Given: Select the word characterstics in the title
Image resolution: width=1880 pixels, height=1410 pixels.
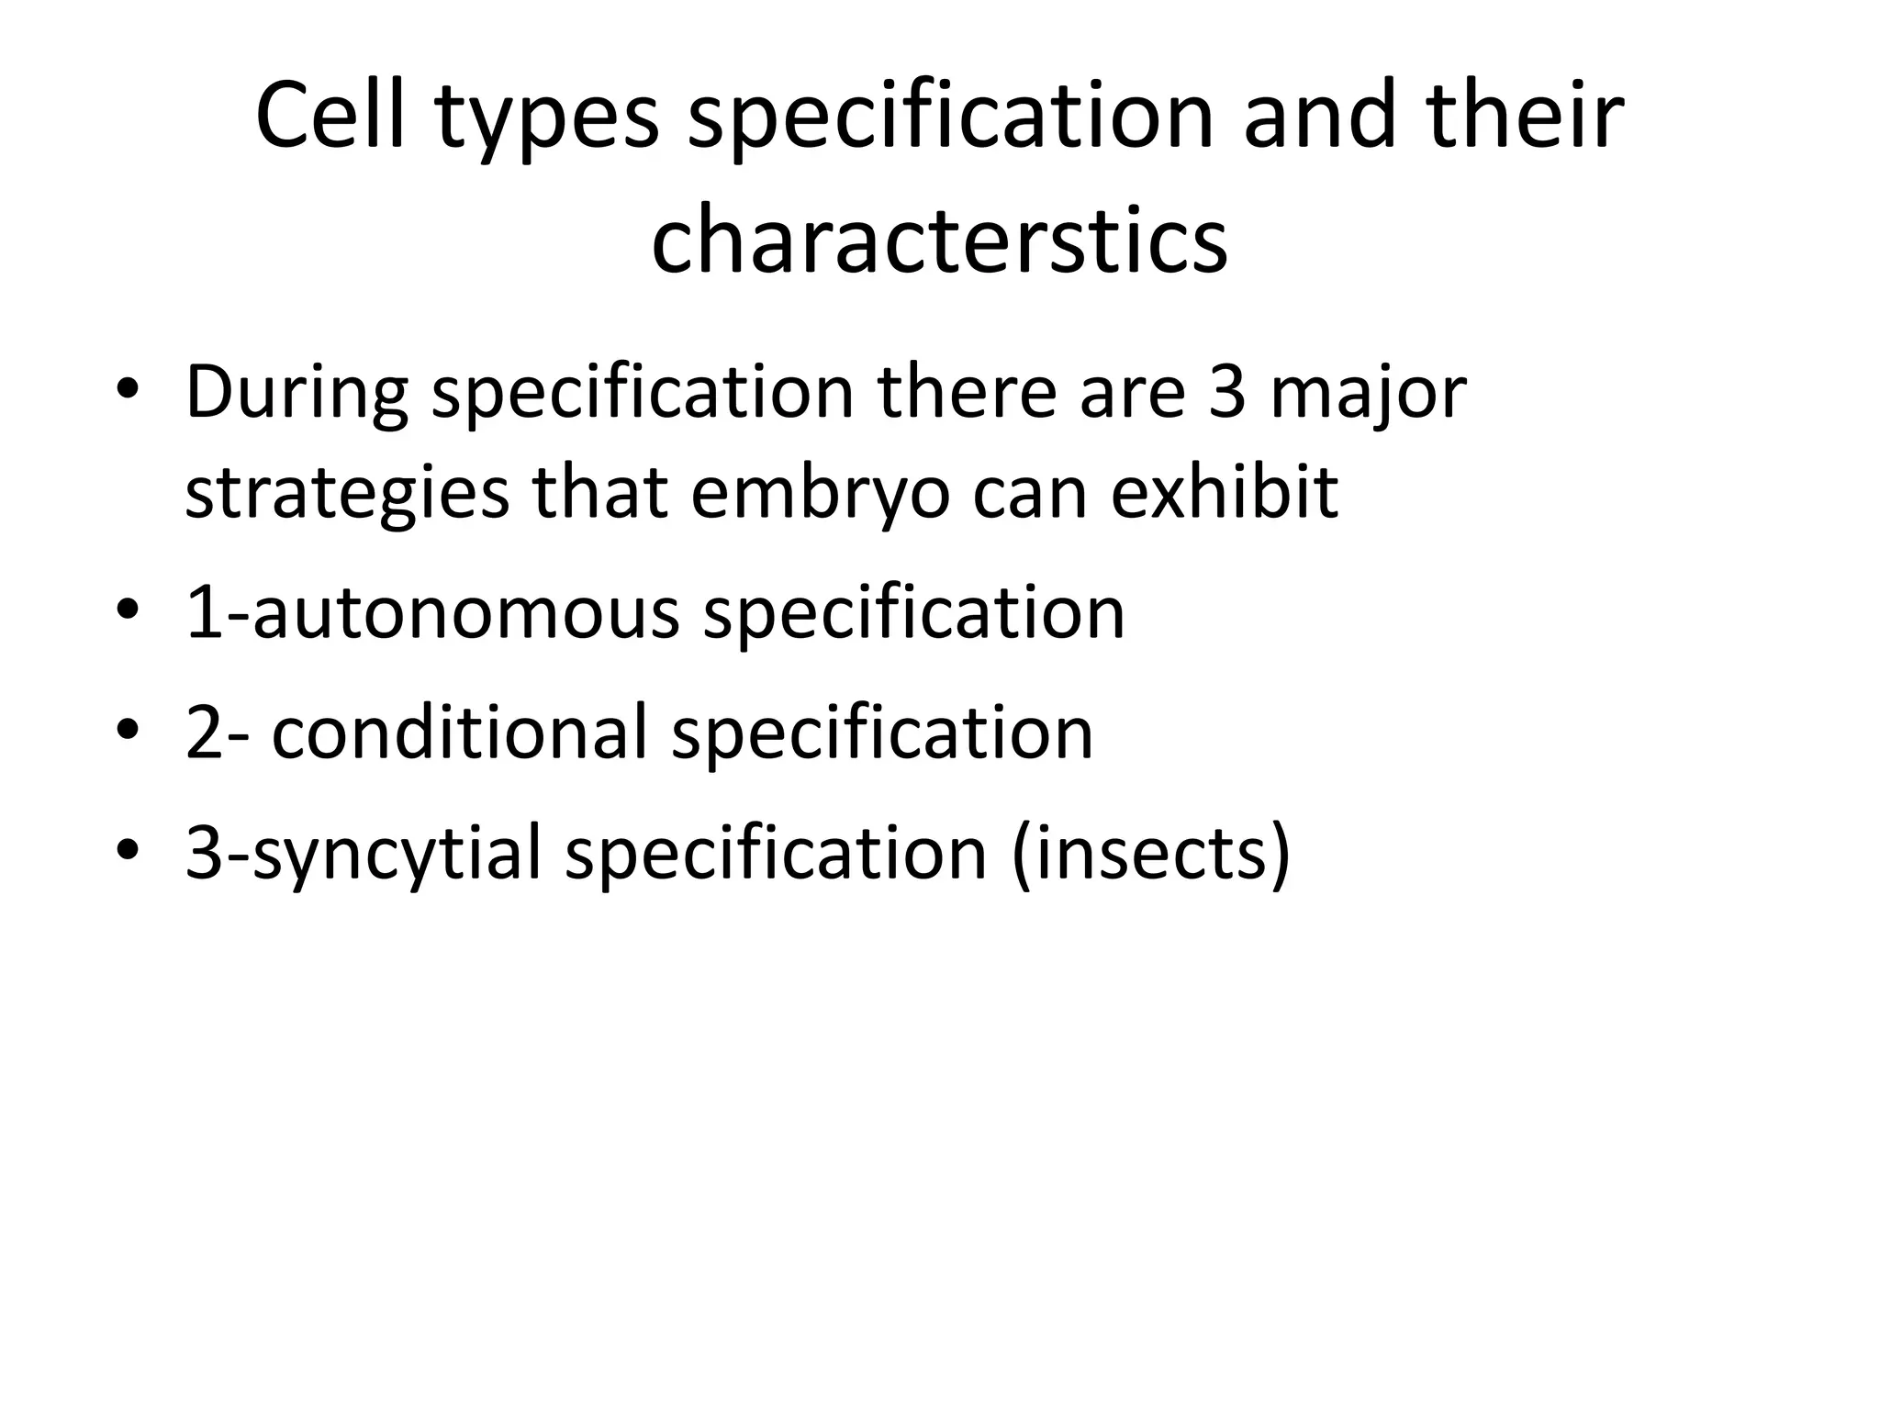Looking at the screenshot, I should pyautogui.click(x=939, y=241).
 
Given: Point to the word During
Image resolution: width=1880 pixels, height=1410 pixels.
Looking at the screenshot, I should pyautogui.click(x=297, y=392).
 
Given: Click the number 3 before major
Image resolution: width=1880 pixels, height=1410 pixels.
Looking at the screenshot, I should pyautogui.click(x=1226, y=392).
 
